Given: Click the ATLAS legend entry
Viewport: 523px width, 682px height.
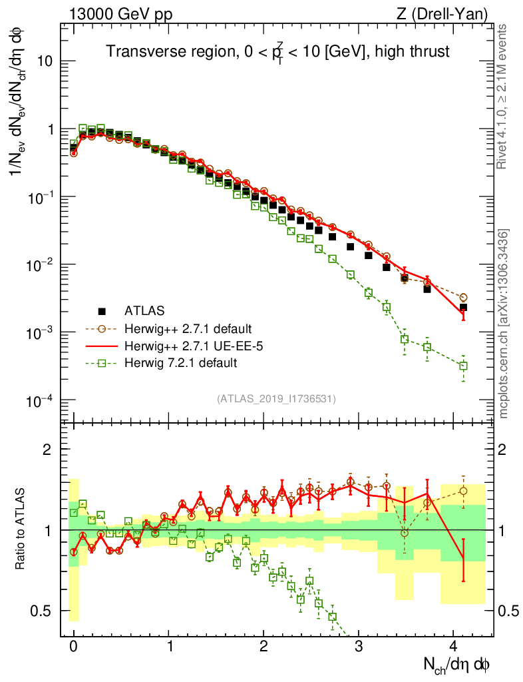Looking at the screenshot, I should [143, 310].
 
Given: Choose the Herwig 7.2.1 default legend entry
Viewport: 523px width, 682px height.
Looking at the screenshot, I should [174, 363].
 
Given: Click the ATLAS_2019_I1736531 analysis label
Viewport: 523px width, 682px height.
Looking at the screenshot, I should [276, 399].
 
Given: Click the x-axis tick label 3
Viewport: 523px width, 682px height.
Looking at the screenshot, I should [359, 646].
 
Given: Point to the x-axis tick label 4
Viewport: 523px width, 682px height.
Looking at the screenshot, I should [453, 646].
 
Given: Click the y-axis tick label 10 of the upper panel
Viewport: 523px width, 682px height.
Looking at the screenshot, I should [45, 61].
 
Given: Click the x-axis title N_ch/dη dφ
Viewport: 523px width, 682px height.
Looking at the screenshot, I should [456, 664].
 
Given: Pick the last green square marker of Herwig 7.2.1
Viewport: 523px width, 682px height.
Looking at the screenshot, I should [463, 366].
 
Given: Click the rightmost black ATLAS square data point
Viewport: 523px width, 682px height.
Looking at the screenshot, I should [463, 308].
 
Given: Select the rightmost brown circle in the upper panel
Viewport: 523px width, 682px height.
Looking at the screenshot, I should [463, 297].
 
